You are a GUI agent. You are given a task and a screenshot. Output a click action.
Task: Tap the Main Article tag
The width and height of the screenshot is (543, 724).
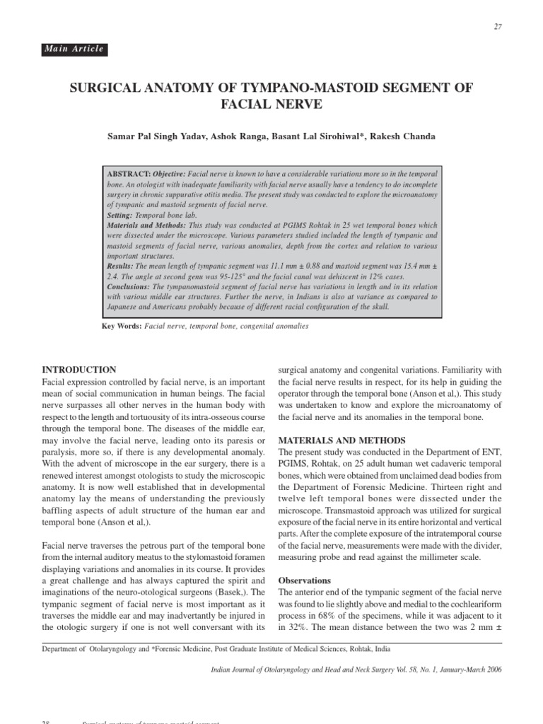pos(74,49)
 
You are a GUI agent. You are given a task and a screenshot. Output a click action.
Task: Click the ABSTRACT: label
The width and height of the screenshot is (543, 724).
pos(128,173)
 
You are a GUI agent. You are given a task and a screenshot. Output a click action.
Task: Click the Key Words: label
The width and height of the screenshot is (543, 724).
pos(122,326)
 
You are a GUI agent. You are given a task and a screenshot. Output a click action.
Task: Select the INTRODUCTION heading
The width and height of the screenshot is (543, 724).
pos(80,370)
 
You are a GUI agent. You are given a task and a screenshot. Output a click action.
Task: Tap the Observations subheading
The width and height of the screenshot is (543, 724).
pos(305,580)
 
